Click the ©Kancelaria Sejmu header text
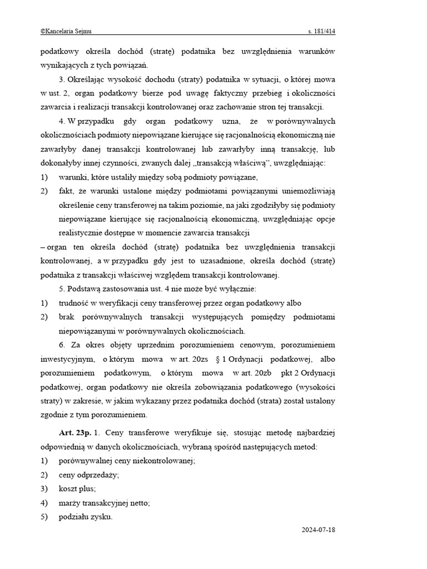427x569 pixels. coord(65,32)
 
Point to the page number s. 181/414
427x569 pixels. coord(321,32)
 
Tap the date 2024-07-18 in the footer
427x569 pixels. coord(318,530)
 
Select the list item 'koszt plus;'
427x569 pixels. coord(77,488)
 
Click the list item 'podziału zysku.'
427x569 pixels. coord(86,517)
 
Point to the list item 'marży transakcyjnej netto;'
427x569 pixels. coord(105,502)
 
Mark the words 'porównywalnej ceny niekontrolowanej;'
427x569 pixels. coord(127,461)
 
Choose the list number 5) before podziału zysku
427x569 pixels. coord(44,517)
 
